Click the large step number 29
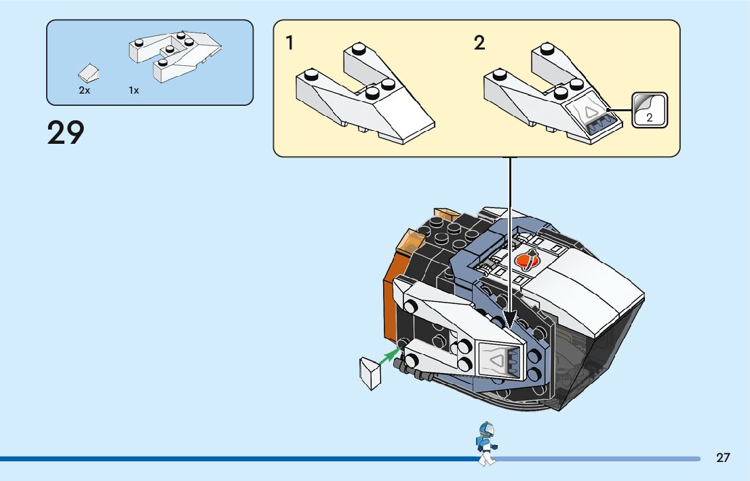point(66,132)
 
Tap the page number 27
point(723,457)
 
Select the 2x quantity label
point(84,90)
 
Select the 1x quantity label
point(134,90)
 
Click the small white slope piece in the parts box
point(88,73)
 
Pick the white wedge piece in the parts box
point(174,54)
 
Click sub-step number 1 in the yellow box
point(290,43)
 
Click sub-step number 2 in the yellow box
point(479,43)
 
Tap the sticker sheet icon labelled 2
point(649,110)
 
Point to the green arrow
point(389,357)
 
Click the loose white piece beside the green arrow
point(370,373)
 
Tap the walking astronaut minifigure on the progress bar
point(486,444)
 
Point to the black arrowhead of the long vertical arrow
point(510,320)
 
